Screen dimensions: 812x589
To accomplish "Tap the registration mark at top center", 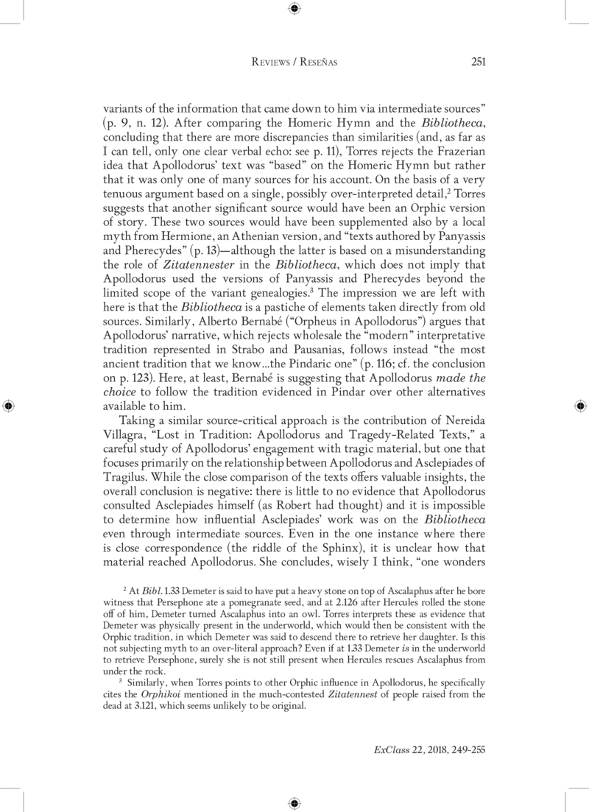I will pyautogui.click(x=294, y=9).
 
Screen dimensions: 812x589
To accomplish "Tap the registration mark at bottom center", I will pyautogui.click(x=294, y=802).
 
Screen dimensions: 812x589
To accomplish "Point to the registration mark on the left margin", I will pyautogui.click(x=8, y=406).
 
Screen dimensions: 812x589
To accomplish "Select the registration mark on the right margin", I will pyautogui.click(x=580, y=406).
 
